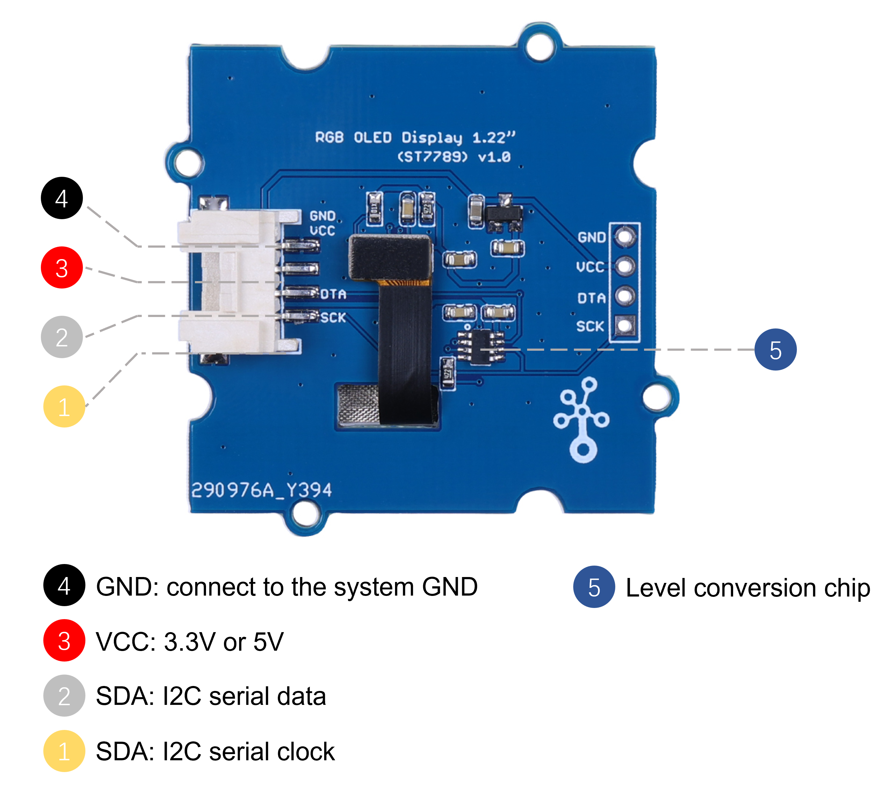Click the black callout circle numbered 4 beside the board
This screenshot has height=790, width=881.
pos(62,198)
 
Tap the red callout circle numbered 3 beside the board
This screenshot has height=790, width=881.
pos(62,267)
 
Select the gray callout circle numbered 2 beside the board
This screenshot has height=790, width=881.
pos(62,337)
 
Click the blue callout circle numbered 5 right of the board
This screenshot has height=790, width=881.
pos(775,349)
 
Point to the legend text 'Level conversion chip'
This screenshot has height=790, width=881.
pos(747,588)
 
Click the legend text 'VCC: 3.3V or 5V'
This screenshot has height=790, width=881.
pos(190,641)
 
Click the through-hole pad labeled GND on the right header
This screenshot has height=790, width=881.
pos(625,237)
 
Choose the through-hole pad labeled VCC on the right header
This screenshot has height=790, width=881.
pos(625,266)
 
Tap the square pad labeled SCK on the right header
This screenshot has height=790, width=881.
pos(625,326)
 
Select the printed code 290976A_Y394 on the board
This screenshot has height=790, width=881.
pos(262,490)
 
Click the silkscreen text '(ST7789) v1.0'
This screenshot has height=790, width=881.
pos(454,157)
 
